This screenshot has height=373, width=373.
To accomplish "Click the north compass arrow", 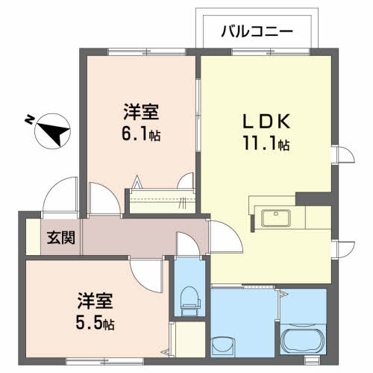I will [x=50, y=131].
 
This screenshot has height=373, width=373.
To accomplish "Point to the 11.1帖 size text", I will [x=263, y=145].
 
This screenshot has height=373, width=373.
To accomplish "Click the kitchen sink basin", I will [x=277, y=219].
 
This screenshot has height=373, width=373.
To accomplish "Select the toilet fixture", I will [x=189, y=299].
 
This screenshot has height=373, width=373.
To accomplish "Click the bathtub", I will [x=302, y=341].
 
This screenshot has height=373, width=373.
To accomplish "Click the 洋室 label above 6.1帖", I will [x=141, y=114].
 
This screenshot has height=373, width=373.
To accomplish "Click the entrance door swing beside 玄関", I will [x=60, y=195].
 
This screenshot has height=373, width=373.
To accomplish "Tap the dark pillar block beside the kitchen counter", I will [x=307, y=199].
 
